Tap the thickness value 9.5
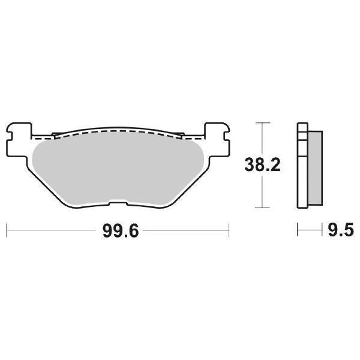[x=340, y=230]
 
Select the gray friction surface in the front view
[x=117, y=168]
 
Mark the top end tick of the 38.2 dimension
[x=259, y=122]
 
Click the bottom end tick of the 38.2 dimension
[x=259, y=208]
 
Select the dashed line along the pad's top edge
[x=117, y=130]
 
